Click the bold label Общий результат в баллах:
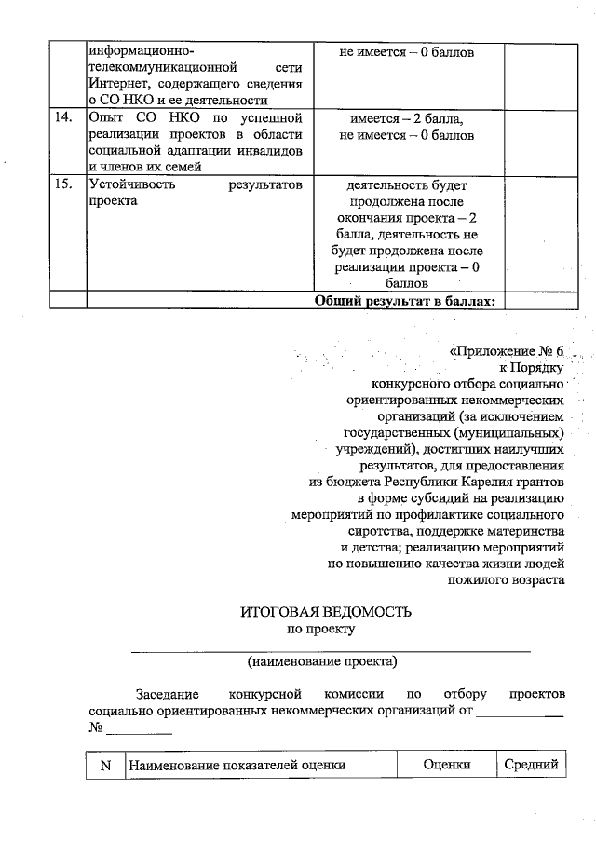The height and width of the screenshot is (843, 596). point(408,300)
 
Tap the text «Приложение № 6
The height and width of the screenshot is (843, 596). point(507,351)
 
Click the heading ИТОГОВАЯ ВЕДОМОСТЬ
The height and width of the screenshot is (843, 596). point(324,612)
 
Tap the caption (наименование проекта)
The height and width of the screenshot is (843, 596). point(322,662)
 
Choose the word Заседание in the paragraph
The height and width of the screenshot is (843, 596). point(169,695)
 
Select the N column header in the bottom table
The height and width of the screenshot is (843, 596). point(105,766)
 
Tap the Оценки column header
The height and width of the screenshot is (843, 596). point(445,766)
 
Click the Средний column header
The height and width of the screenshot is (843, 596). point(530,766)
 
